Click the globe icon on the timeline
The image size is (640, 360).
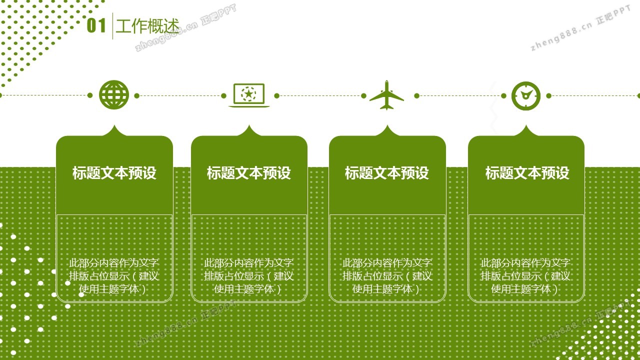[x=114, y=94]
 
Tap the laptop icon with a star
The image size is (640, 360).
[x=248, y=94]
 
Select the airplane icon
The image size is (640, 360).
[x=386, y=95]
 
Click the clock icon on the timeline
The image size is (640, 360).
[x=526, y=95]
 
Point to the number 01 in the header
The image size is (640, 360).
[x=96, y=26]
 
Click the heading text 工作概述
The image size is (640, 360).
[x=147, y=26]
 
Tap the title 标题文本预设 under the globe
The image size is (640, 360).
[x=114, y=173]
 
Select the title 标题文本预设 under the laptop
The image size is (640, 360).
[x=249, y=173]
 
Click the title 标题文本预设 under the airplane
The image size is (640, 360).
[x=387, y=173]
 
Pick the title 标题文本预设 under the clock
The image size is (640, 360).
[x=527, y=173]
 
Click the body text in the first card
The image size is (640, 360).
[x=114, y=276]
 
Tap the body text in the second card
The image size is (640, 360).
[x=249, y=276]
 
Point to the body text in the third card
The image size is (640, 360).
[x=387, y=276]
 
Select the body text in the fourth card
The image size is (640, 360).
[x=526, y=276]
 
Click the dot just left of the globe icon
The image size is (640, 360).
[x=90, y=95]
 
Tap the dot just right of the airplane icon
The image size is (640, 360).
[x=416, y=95]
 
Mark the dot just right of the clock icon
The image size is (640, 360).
[x=548, y=95]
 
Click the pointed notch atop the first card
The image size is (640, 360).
[x=114, y=129]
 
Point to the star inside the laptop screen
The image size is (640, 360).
[x=248, y=93]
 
